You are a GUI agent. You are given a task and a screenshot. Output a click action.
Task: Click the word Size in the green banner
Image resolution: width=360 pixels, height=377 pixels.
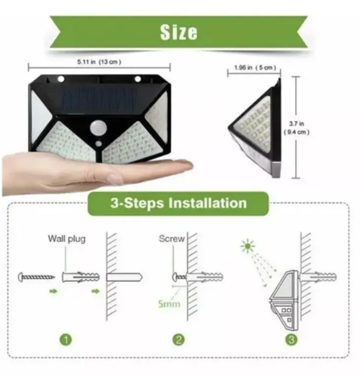(x=179, y=32)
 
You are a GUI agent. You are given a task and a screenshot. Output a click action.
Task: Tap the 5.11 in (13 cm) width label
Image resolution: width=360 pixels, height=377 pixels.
(x=99, y=62)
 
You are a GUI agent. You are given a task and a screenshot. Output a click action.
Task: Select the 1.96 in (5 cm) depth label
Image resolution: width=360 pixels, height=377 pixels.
(x=255, y=68)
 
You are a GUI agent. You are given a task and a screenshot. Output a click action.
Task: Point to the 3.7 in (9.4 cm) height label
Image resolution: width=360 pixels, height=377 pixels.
(x=296, y=128)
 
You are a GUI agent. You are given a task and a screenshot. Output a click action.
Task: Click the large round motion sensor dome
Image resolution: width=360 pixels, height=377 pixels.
(x=98, y=127)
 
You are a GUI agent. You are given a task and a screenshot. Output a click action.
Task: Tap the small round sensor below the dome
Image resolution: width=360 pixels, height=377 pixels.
(x=99, y=144)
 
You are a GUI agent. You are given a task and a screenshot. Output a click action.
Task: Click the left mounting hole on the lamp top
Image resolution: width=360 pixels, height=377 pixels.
(x=61, y=78)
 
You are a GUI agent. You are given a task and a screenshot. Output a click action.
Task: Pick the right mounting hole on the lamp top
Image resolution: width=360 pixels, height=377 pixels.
(x=138, y=78)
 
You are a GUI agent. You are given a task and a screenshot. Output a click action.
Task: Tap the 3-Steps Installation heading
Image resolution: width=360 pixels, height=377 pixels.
(x=179, y=203)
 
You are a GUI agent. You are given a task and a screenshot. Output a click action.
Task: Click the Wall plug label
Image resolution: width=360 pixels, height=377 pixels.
(x=67, y=239)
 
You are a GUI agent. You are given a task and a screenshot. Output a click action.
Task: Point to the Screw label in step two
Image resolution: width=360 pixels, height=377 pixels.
(x=172, y=238)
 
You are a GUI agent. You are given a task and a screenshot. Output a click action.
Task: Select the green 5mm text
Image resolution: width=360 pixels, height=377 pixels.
(x=169, y=303)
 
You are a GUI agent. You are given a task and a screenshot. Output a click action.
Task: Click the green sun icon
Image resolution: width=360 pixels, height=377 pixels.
(x=248, y=246)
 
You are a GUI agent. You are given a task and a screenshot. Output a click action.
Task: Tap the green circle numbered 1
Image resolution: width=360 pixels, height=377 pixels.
(x=66, y=339)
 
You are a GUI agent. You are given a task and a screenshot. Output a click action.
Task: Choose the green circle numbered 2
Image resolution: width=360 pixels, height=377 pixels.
(x=179, y=339)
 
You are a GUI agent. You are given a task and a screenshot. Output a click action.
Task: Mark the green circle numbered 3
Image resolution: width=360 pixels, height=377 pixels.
(x=291, y=339)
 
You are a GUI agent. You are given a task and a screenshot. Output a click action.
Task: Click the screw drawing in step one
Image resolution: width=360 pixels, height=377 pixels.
(x=36, y=277)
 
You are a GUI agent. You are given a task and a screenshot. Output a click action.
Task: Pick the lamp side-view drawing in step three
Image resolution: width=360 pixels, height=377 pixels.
(x=284, y=301)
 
